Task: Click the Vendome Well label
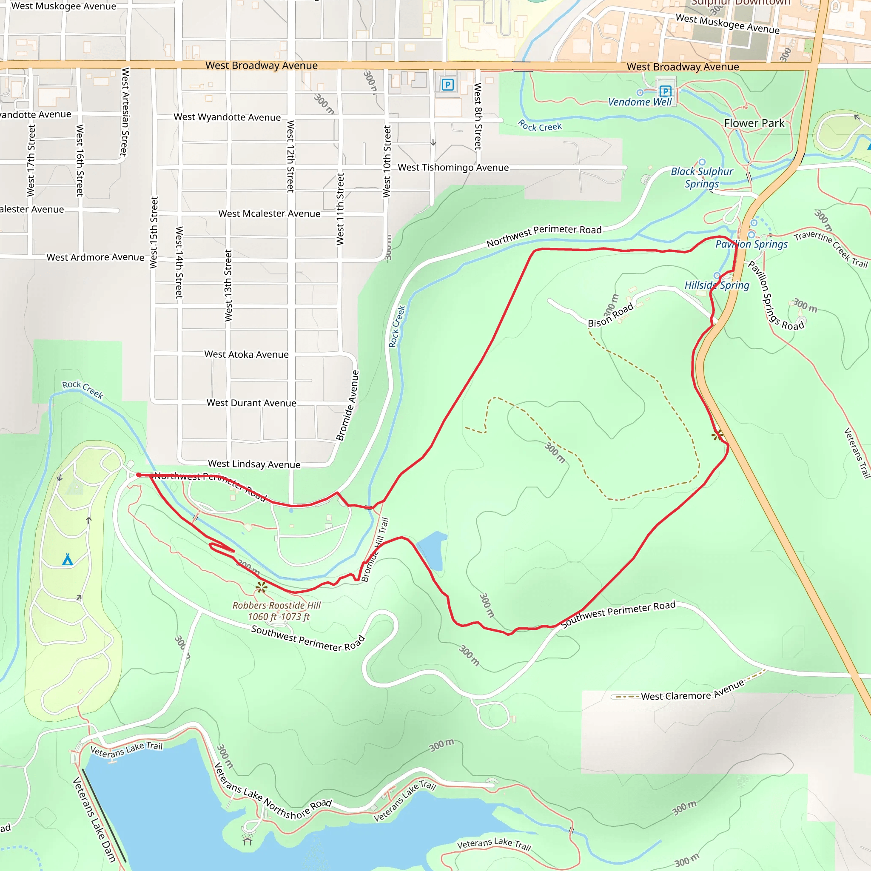[x=640, y=102]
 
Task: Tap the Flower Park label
[x=754, y=123]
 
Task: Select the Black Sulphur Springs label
[x=702, y=178]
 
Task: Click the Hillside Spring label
[x=717, y=285]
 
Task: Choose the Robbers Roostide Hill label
[x=276, y=605]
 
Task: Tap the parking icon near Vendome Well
[x=666, y=91]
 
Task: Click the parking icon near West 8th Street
[x=448, y=84]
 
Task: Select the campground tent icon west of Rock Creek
[x=68, y=560]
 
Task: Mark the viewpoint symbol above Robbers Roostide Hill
[x=262, y=587]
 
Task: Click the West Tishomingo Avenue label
[x=453, y=167]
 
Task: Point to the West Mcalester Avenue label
[x=269, y=213]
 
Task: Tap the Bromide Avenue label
[x=347, y=405]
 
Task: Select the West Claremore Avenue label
[x=692, y=691]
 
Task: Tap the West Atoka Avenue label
[x=246, y=354]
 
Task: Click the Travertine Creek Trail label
[x=831, y=249]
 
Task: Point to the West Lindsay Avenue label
[x=254, y=464]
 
